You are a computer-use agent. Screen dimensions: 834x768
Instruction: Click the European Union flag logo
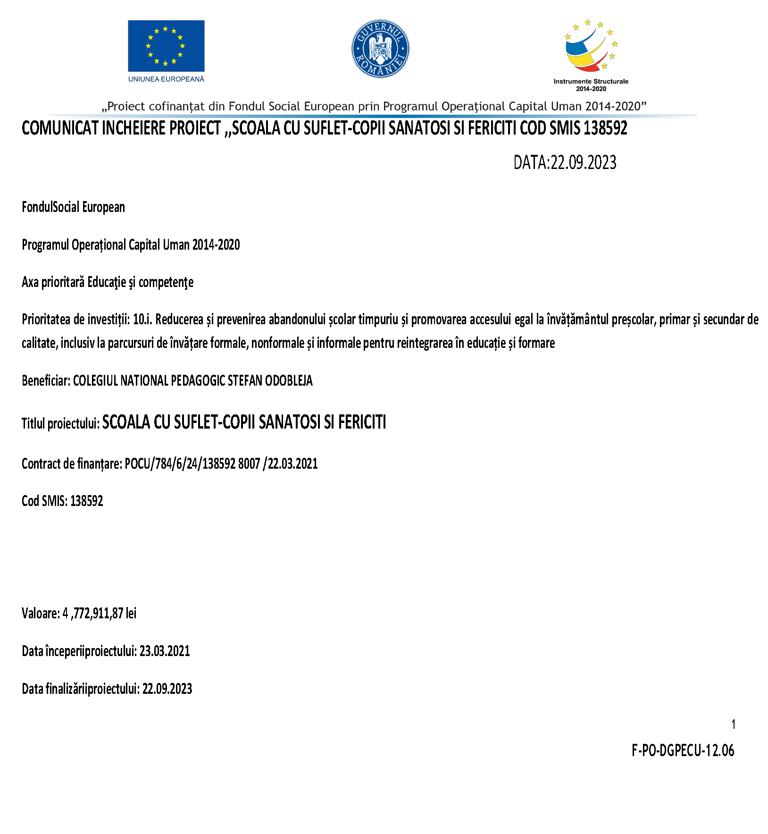pos(166,46)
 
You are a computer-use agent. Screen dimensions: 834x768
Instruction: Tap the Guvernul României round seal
pos(380,49)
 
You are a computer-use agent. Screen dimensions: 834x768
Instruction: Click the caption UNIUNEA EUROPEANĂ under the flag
pos(166,79)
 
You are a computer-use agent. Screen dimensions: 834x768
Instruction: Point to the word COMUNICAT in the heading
pos(60,128)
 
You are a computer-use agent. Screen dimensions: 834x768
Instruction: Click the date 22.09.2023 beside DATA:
pos(584,163)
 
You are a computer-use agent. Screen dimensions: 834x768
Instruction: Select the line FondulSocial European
pos(73,207)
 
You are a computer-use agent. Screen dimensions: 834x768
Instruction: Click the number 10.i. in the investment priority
pos(142,320)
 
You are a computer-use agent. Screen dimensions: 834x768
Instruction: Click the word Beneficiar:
pos(46,380)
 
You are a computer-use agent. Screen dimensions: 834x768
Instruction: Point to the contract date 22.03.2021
pos(292,464)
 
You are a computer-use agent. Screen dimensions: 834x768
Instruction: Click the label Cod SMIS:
pos(44,501)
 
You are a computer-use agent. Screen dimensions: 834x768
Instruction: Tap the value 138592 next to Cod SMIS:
pos(87,501)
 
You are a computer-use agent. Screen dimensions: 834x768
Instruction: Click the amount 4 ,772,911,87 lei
pos(99,614)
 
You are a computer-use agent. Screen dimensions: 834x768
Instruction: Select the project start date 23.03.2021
pos(165,651)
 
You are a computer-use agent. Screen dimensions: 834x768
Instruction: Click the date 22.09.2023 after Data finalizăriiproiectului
pos(167,689)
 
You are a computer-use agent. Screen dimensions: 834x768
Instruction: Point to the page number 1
pos(733,724)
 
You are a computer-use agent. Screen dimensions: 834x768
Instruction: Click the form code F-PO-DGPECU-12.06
pos(683,750)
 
